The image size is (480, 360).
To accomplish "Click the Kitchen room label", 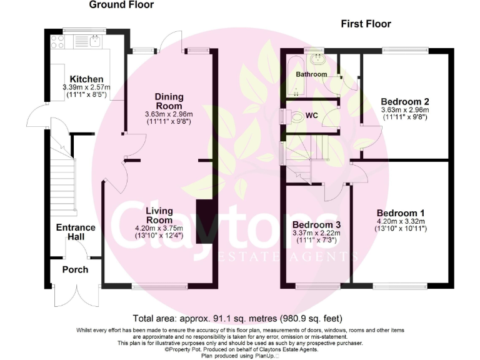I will [x=86, y=79].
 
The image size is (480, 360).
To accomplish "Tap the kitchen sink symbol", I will [x=94, y=42].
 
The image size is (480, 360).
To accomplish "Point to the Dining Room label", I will [x=169, y=101].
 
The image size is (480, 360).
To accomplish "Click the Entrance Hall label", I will [x=76, y=232].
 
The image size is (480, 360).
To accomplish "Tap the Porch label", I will [x=75, y=270].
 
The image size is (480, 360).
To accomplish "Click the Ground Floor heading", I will [x=121, y=6].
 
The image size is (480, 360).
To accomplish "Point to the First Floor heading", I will [x=366, y=24].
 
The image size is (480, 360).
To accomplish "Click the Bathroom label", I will [x=311, y=74].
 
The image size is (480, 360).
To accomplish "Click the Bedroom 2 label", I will [x=404, y=101].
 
